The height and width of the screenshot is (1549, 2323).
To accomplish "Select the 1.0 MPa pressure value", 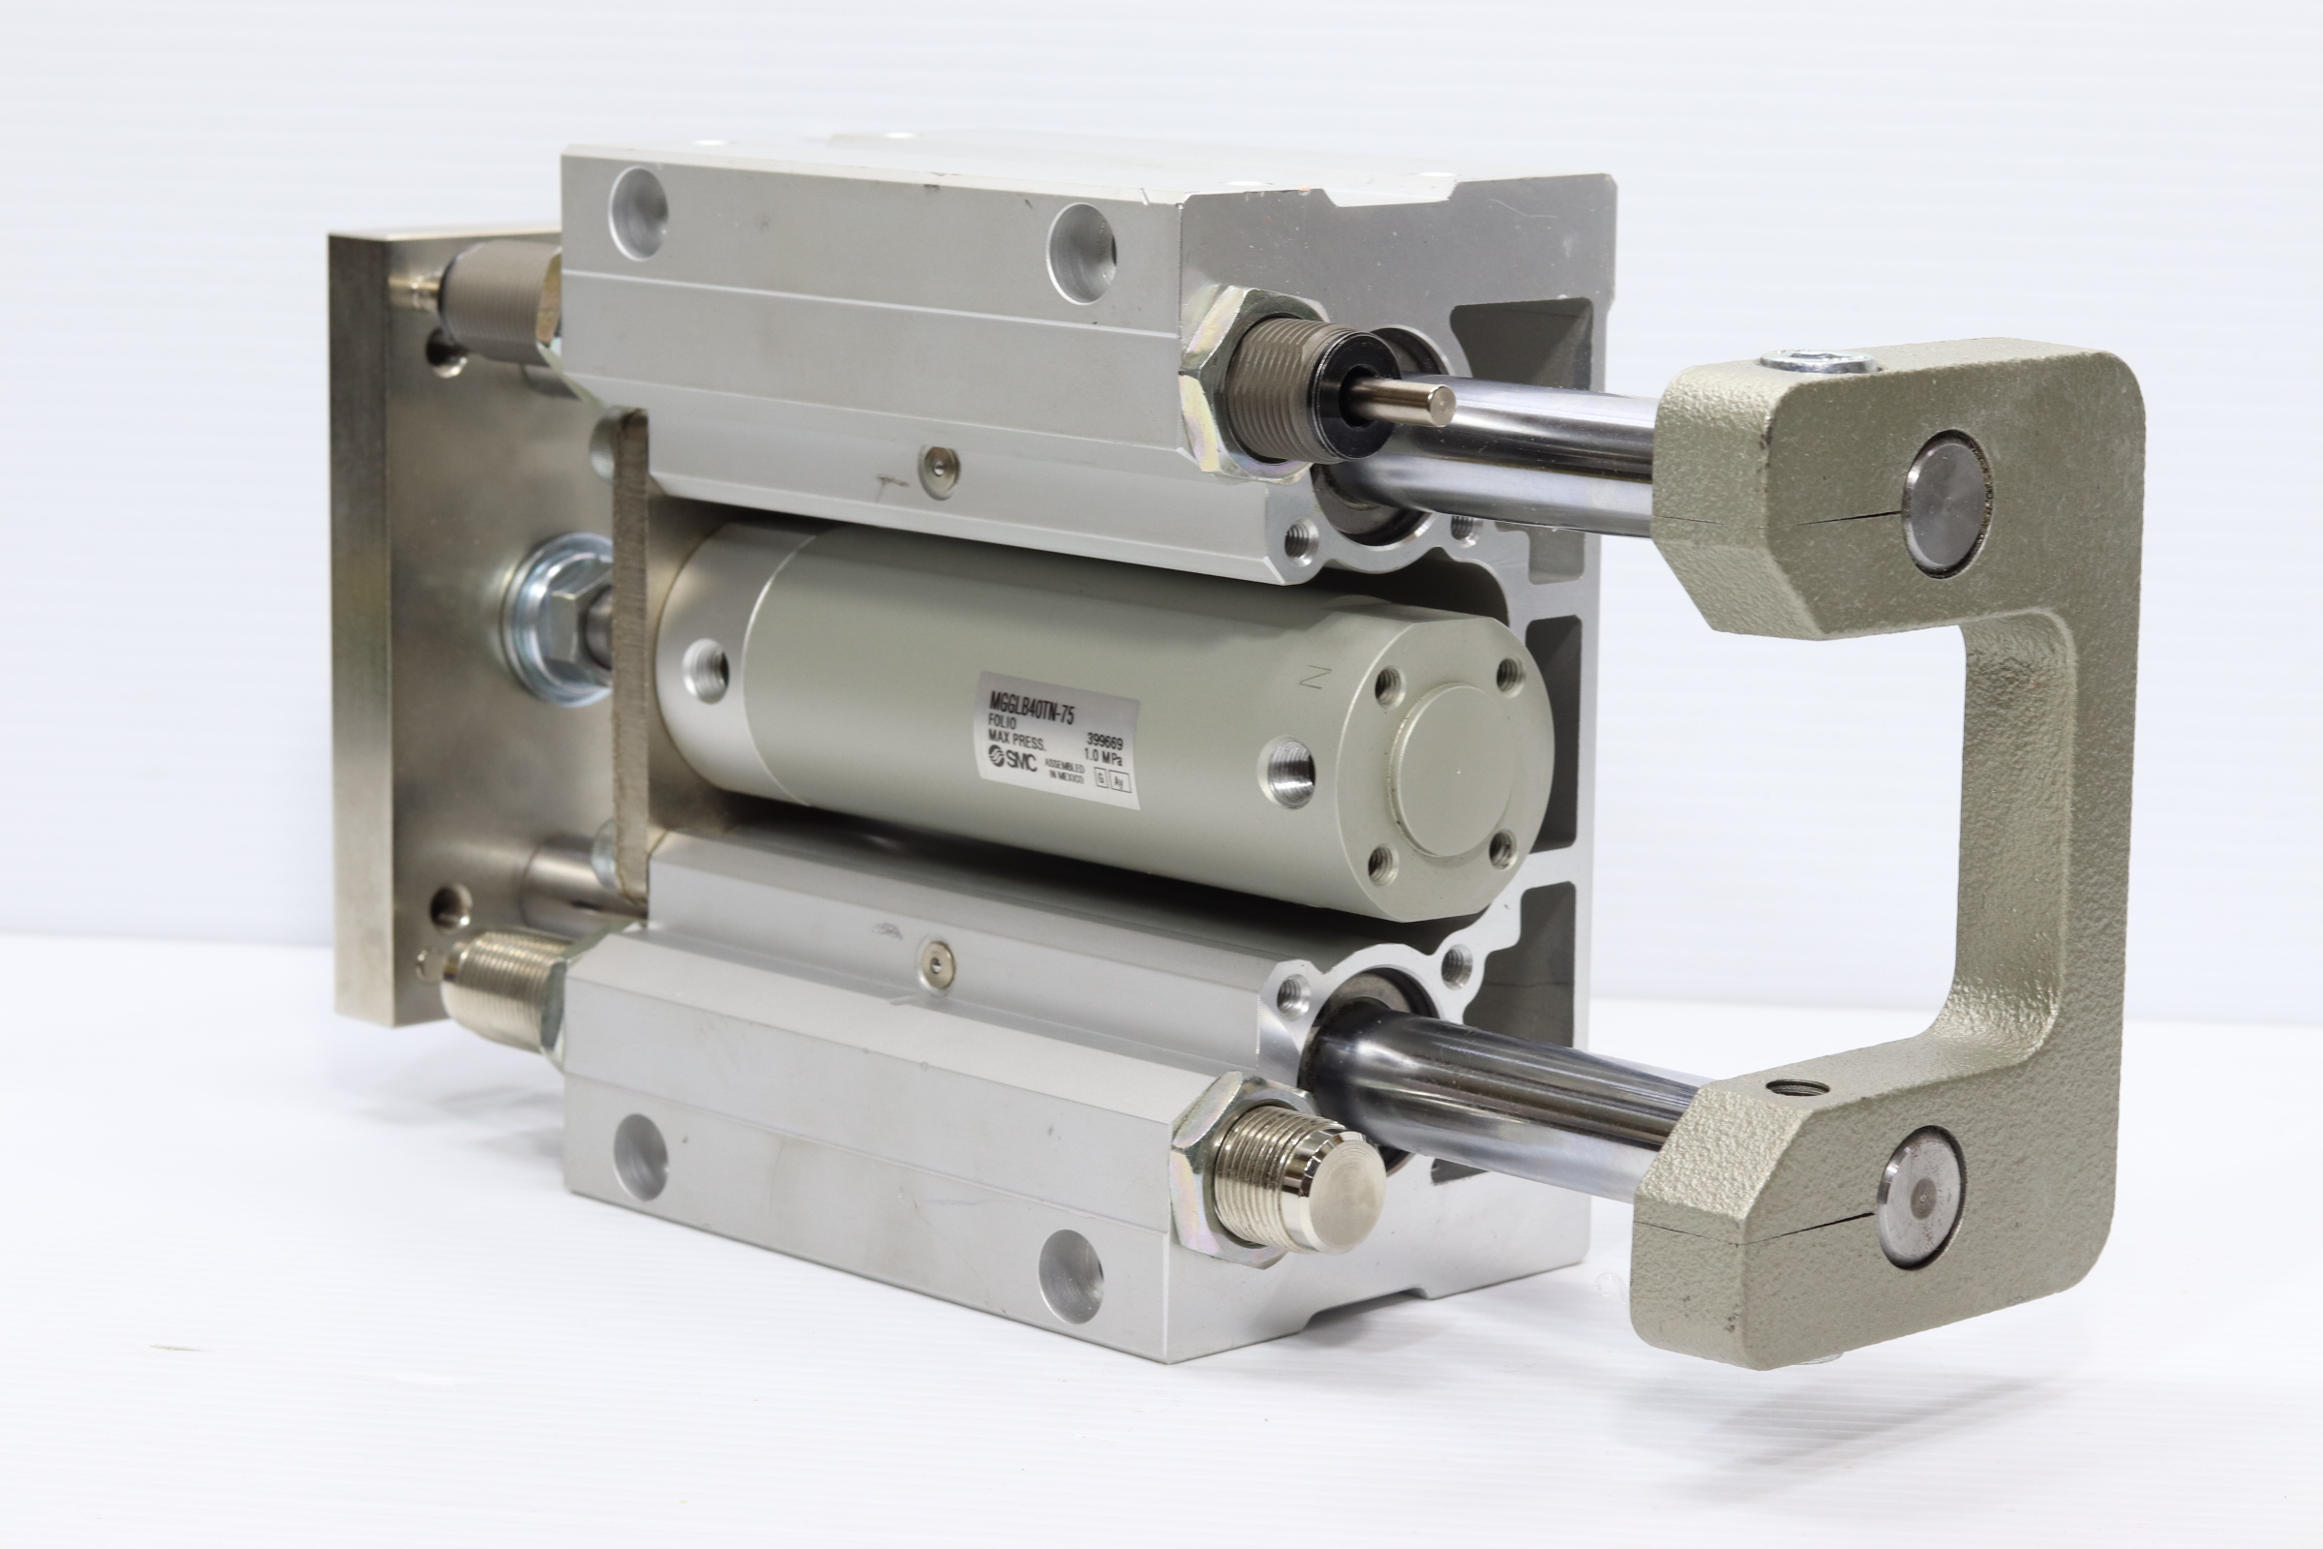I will (x=1104, y=761).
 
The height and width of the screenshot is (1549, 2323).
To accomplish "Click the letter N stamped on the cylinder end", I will (x=1313, y=678).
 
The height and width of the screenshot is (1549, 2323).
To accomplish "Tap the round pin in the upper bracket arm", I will (x=1945, y=501).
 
